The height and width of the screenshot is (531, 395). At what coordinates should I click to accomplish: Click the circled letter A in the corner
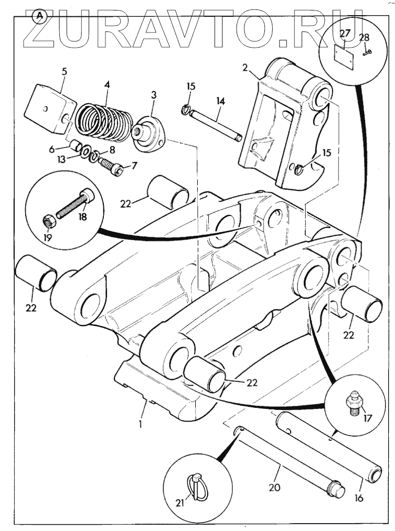[x=39, y=16]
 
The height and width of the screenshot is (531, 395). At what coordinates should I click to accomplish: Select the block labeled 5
[x=49, y=109]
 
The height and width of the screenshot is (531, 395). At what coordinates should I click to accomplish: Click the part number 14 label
[x=219, y=101]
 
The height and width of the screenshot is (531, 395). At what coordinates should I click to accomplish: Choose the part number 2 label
[x=245, y=68]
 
